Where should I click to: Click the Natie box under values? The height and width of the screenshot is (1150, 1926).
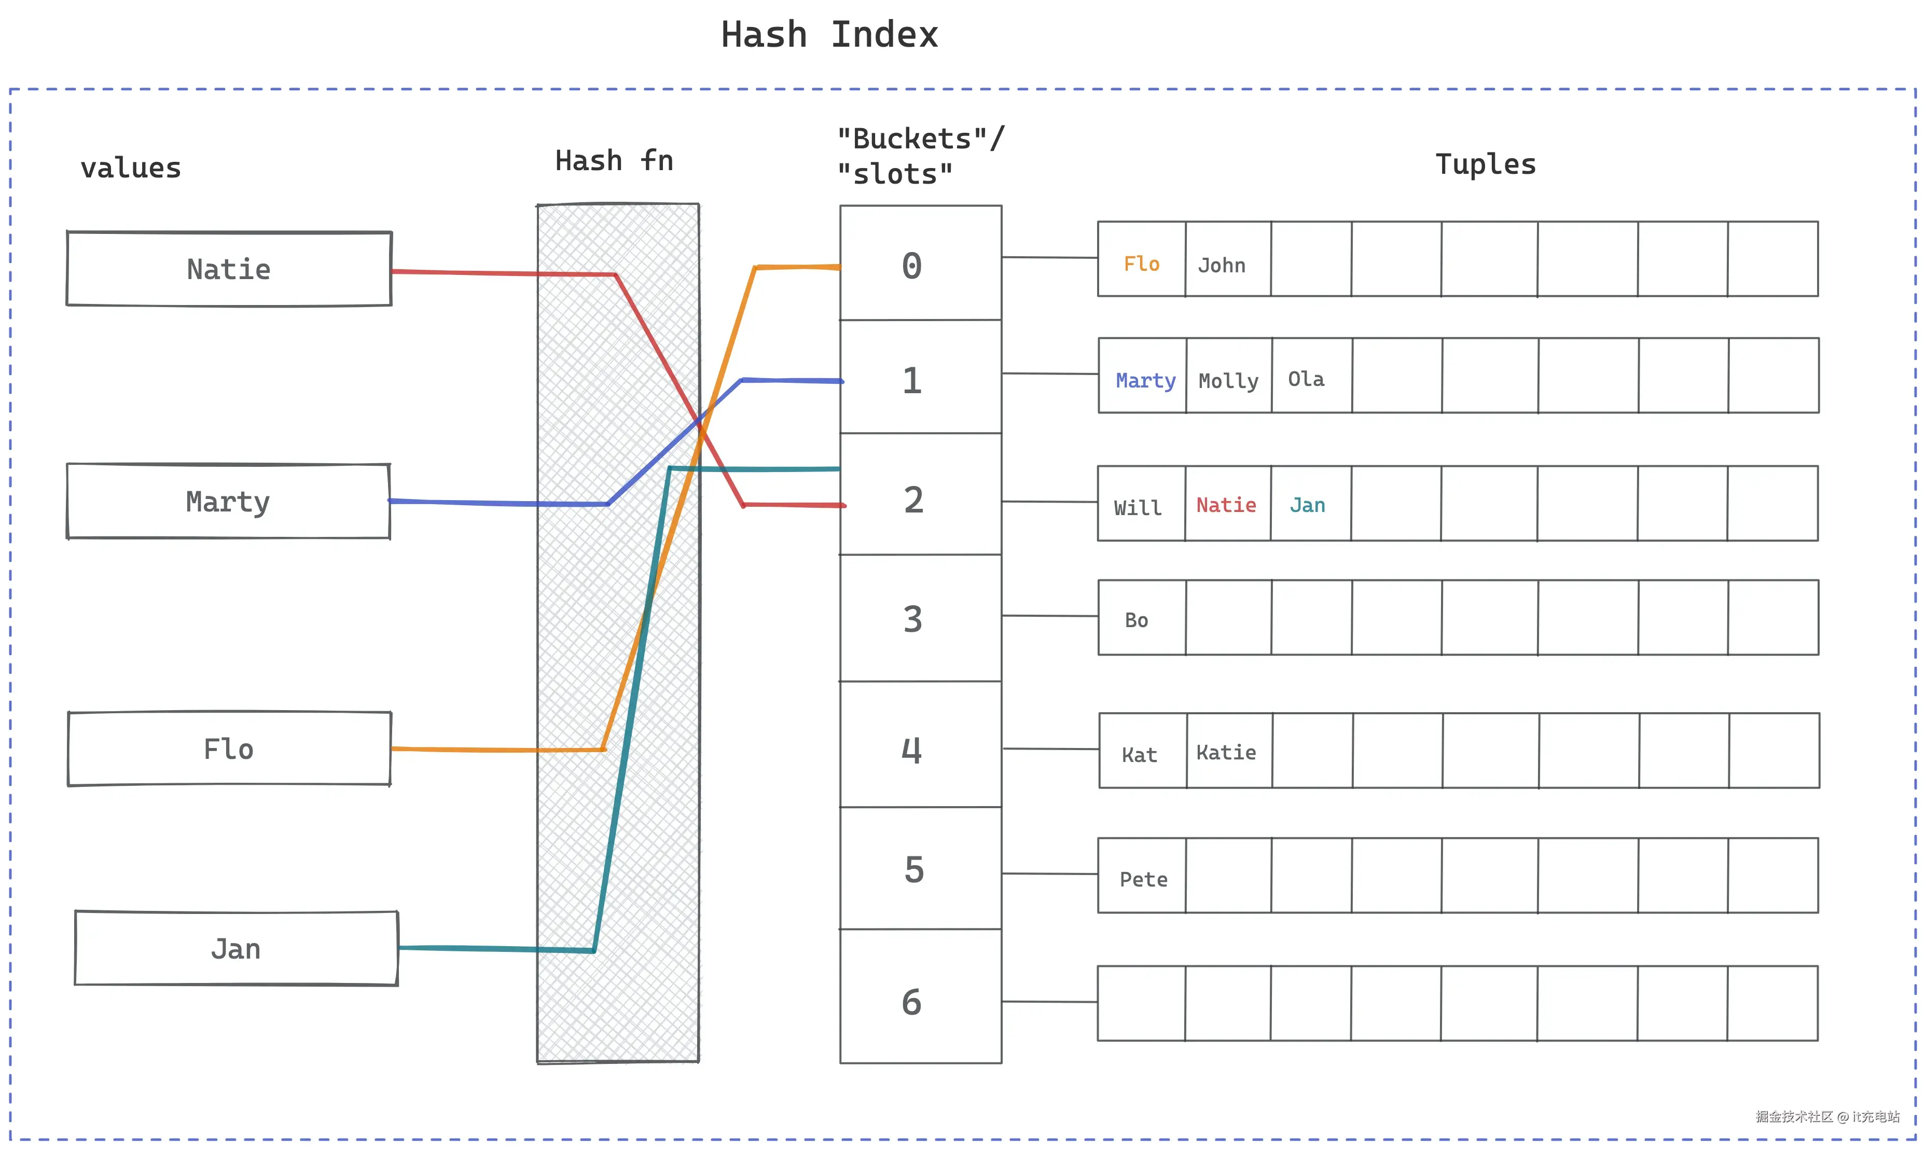(229, 269)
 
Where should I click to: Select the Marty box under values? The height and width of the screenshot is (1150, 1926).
(229, 502)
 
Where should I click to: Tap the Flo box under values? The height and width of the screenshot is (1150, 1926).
(229, 749)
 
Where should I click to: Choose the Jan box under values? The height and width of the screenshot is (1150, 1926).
(237, 949)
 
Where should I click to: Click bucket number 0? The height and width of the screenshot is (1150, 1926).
(920, 262)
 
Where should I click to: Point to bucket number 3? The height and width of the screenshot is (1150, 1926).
(920, 618)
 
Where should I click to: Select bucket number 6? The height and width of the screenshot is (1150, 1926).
(920, 996)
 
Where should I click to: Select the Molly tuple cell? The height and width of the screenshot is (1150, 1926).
(1229, 375)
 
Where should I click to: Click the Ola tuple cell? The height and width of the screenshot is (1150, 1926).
(1312, 375)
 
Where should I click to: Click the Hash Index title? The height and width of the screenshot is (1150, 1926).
(830, 35)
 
